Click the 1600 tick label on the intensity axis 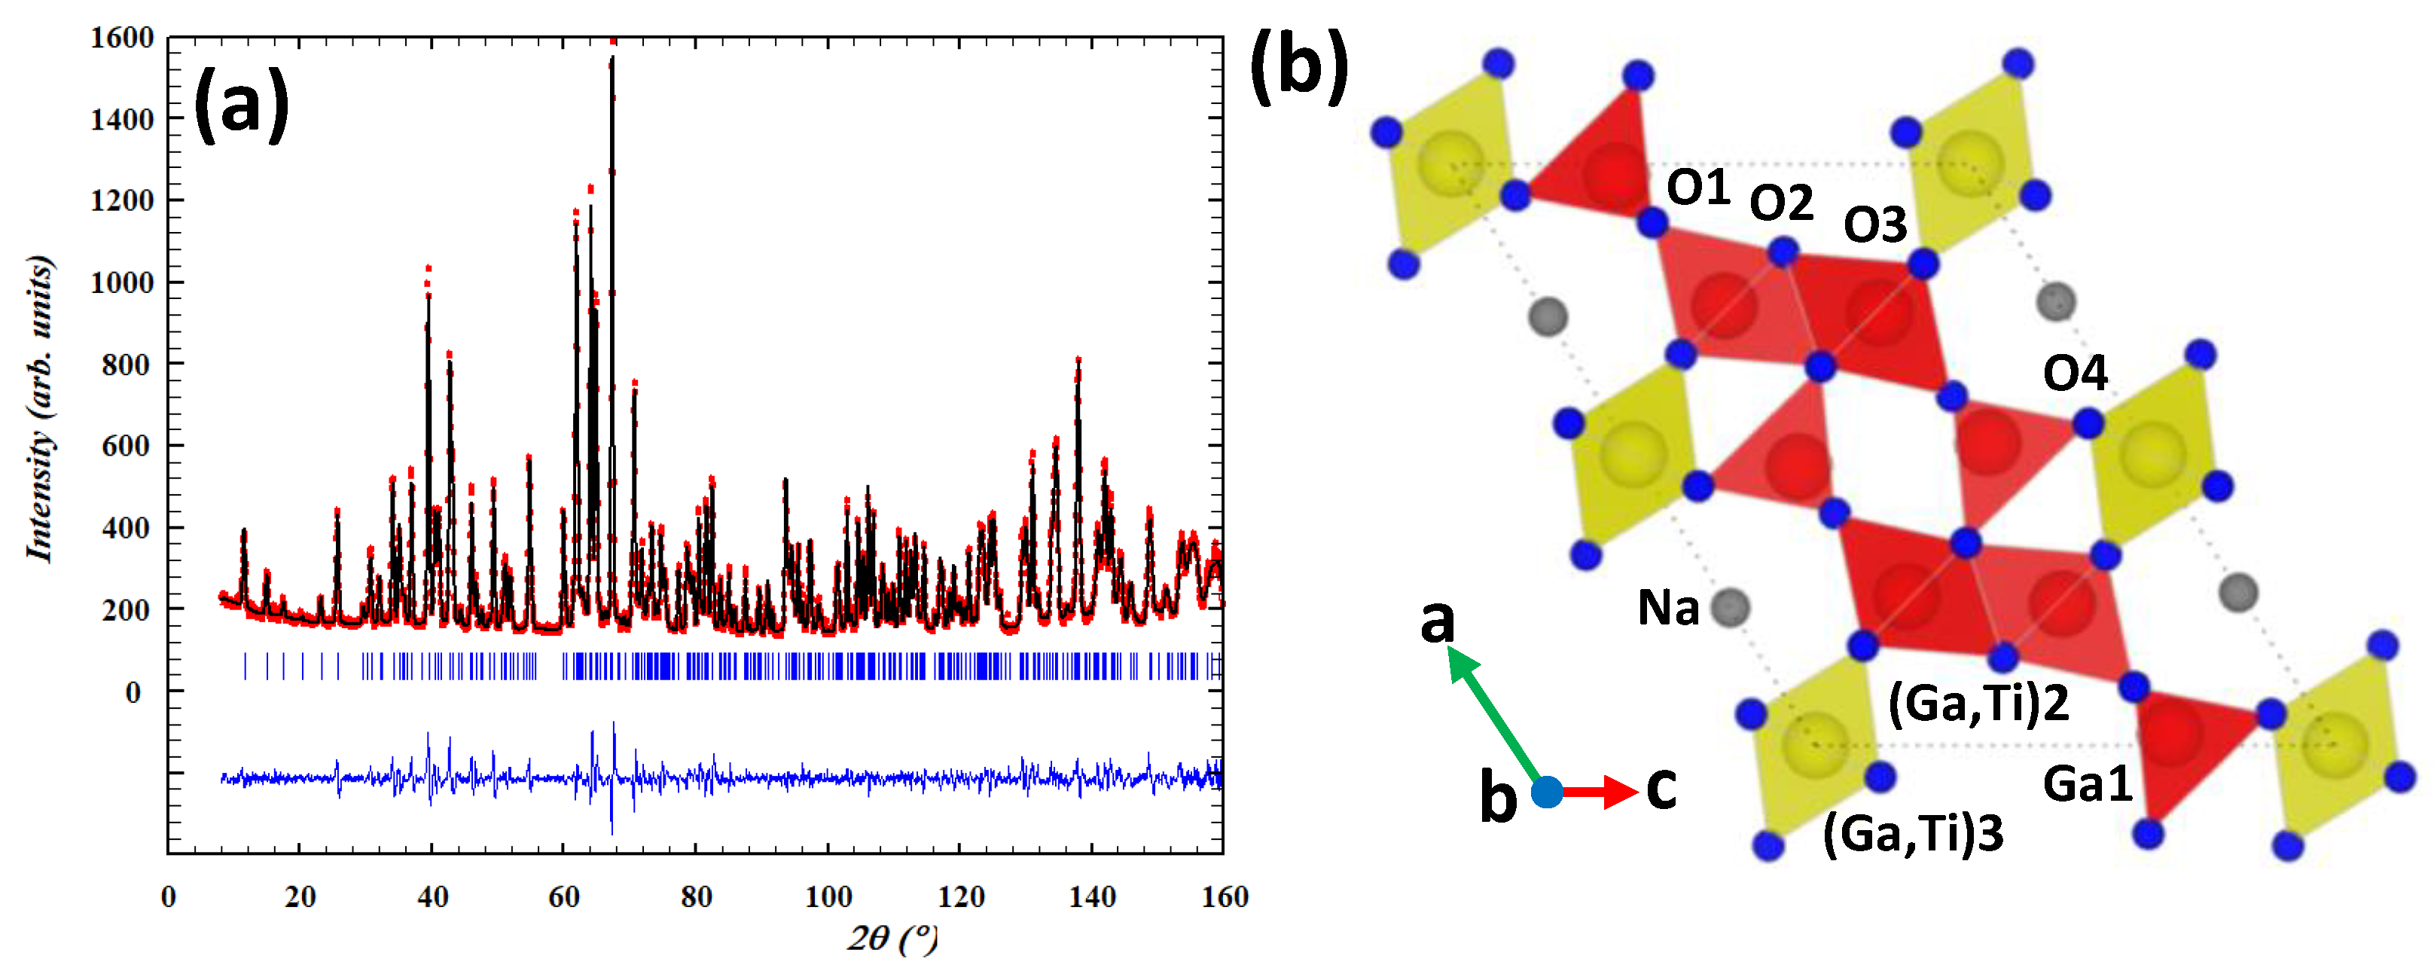point(122,38)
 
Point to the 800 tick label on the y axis point(127,365)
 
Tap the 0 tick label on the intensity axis point(133,692)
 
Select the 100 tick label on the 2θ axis point(828,896)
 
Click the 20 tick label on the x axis point(300,896)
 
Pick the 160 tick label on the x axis point(1225,896)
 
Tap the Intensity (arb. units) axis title point(41,408)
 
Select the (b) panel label point(1299,64)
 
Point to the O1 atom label point(1698,187)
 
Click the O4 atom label point(2075,373)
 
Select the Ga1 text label point(2088,783)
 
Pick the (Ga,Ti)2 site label point(1978,703)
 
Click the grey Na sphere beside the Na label point(1730,607)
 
